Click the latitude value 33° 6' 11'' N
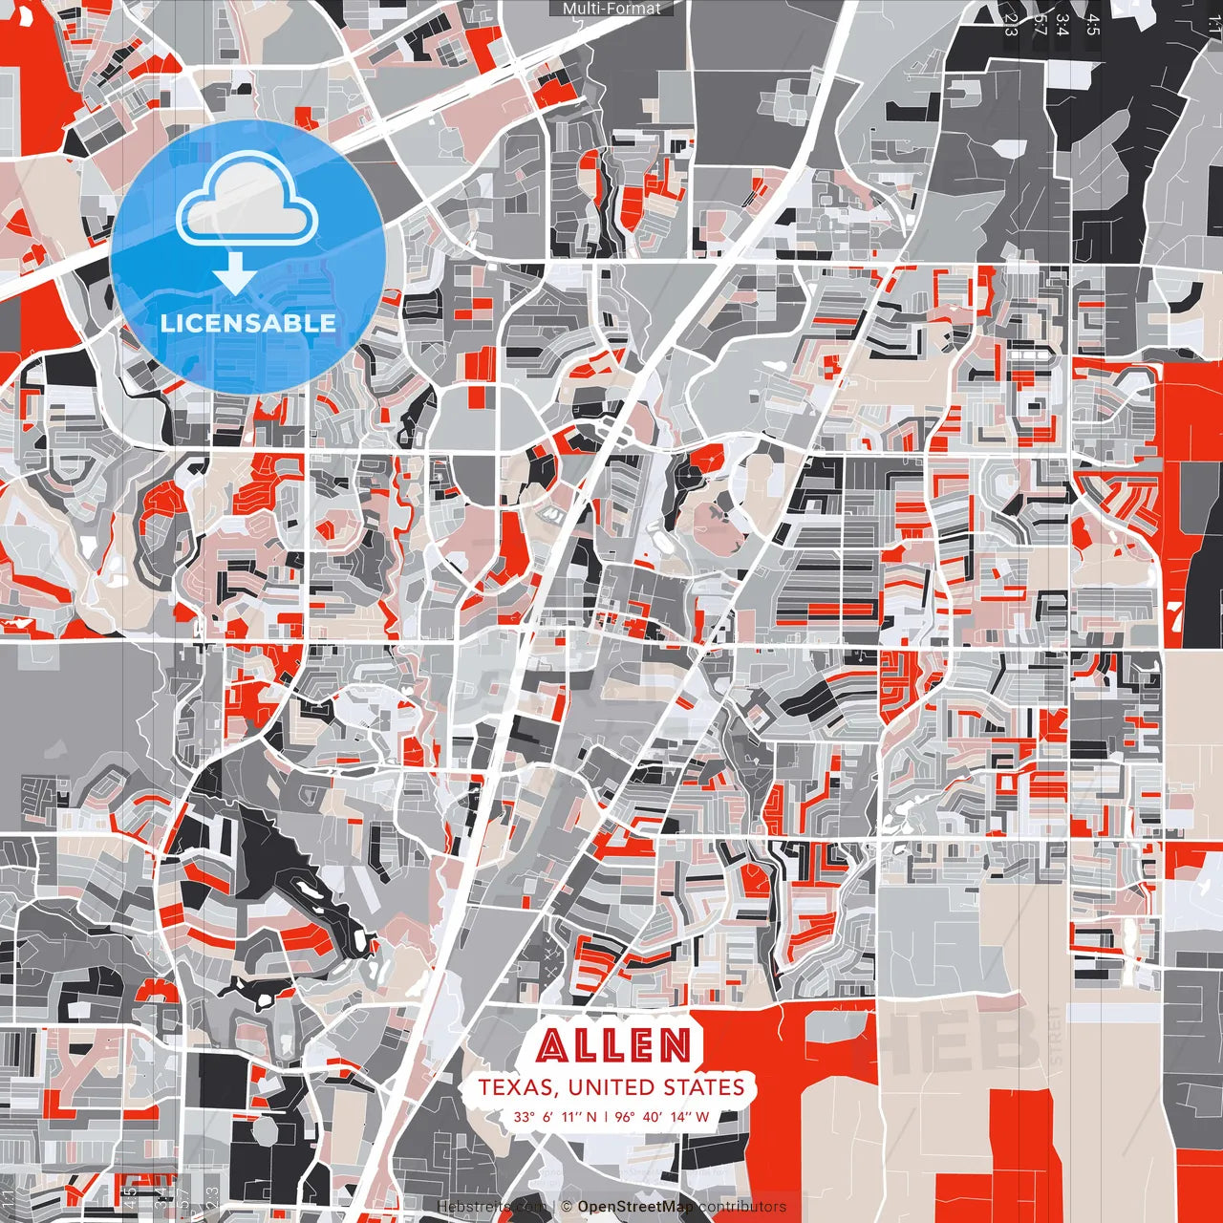[x=555, y=1117]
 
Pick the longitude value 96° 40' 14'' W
[x=662, y=1117]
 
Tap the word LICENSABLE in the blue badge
[x=248, y=323]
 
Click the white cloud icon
[x=247, y=202]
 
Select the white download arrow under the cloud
[x=235, y=273]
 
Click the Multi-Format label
[x=611, y=9]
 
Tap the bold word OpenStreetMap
[x=635, y=1207]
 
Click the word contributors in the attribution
[x=742, y=1207]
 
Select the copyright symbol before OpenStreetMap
[x=567, y=1207]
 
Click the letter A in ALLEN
[x=552, y=1045]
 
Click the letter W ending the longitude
[x=702, y=1117]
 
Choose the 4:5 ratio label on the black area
[x=1092, y=23]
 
